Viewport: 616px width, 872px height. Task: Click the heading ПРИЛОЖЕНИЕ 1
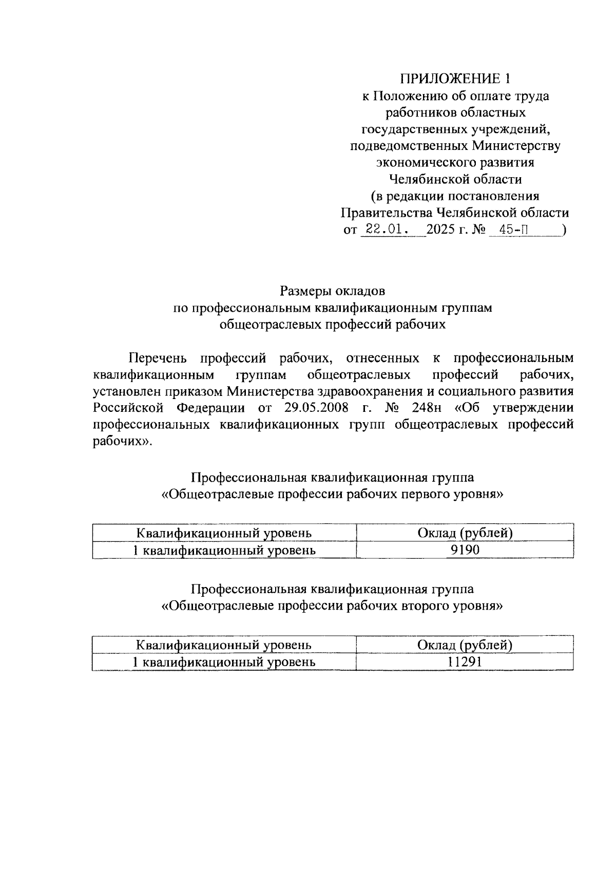[x=456, y=79]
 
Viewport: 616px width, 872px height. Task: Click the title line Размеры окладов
[x=332, y=291]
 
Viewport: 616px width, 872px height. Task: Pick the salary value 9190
[x=465, y=550]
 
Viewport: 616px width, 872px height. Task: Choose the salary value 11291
[x=465, y=661]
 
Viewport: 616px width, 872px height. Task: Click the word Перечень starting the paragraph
[x=158, y=357]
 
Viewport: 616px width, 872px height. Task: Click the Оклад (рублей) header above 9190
[x=465, y=533]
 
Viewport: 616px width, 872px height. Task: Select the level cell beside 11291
[x=224, y=661]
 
